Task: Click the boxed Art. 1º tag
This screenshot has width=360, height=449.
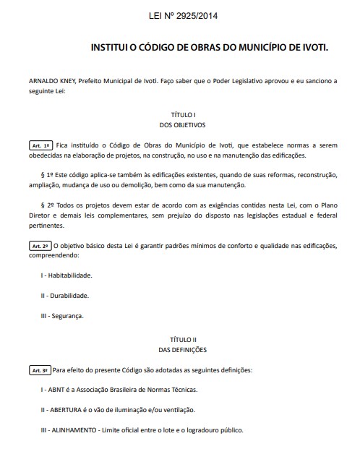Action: (40, 145)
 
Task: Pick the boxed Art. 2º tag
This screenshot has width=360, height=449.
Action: (40, 246)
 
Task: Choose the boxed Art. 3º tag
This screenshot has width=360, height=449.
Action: (40, 371)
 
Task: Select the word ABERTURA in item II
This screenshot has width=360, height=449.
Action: (67, 410)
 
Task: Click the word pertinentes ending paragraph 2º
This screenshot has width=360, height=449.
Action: (46, 226)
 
